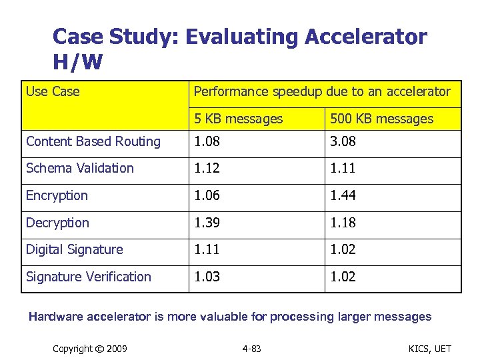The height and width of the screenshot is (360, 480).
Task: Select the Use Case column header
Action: click(x=53, y=91)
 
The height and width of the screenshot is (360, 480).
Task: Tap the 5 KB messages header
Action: click(x=239, y=119)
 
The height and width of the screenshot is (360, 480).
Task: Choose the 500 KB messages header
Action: click(x=381, y=119)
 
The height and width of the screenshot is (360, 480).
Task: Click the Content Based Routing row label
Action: click(x=93, y=141)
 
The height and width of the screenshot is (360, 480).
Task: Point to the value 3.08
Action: click(x=343, y=141)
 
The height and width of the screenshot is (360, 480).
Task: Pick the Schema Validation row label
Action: click(x=80, y=169)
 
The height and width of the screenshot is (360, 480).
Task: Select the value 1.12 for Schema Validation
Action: click(x=207, y=169)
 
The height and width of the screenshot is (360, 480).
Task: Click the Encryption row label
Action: click(x=57, y=195)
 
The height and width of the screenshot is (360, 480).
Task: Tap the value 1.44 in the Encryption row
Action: click(x=343, y=195)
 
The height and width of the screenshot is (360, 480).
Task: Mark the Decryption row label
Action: click(x=57, y=223)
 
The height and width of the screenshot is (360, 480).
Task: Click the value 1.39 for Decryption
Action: click(x=207, y=223)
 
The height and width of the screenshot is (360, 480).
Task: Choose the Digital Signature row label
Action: click(x=75, y=249)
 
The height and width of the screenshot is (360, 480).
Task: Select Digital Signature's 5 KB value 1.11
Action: click(x=207, y=249)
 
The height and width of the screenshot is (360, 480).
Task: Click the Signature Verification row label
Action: click(x=89, y=277)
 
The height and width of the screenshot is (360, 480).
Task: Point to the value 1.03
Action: click(x=207, y=277)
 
